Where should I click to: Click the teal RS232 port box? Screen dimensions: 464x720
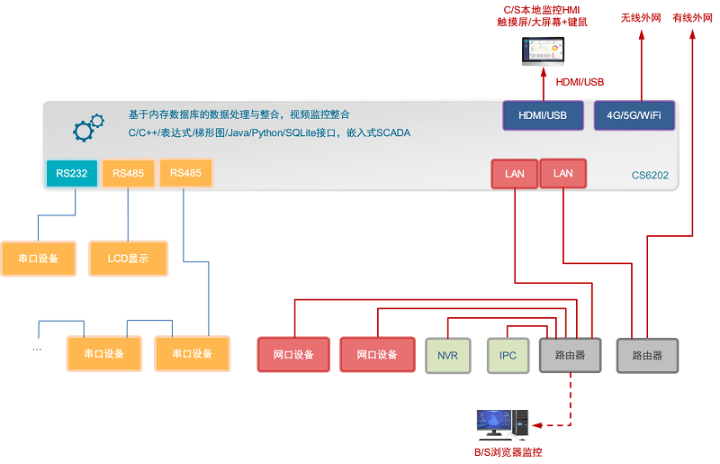[x=71, y=174]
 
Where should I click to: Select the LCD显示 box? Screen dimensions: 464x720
[x=127, y=259]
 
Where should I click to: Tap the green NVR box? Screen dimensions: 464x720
[x=447, y=355]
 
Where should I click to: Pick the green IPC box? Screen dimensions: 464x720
[x=508, y=355]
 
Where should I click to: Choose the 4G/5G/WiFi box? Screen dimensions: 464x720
[x=634, y=115]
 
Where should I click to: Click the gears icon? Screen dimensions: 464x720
[x=84, y=129]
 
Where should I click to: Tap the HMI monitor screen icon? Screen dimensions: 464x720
[x=543, y=51]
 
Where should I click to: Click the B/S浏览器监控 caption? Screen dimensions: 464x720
[x=508, y=452]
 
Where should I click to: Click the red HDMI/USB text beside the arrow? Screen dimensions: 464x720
[x=580, y=82]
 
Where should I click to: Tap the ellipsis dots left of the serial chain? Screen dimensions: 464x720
[x=37, y=347]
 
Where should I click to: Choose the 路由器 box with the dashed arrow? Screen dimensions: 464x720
[x=570, y=355]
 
